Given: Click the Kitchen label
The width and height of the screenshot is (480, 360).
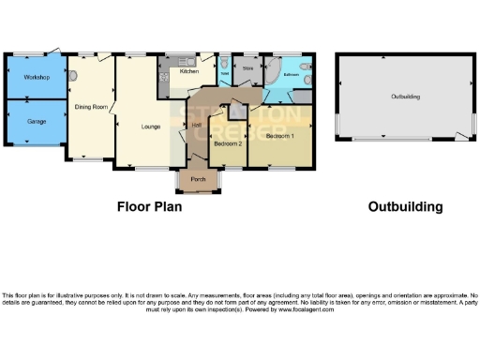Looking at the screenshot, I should click(x=188, y=71).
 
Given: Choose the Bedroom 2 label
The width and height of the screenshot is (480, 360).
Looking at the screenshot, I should click(x=228, y=144).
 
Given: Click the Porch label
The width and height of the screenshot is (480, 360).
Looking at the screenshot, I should click(x=198, y=178).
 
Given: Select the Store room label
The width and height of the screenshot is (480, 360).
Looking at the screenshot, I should click(x=248, y=68).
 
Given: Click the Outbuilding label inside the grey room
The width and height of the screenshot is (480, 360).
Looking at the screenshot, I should click(x=405, y=97).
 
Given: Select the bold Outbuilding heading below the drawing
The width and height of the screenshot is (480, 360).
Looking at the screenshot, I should click(x=405, y=206).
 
